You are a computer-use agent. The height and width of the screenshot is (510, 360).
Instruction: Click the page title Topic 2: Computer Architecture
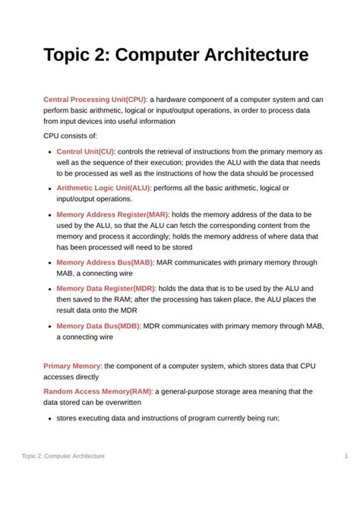[175, 55]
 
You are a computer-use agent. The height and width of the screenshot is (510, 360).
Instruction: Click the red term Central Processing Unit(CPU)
[95, 100]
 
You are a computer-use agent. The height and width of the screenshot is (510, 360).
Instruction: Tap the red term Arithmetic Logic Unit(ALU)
[103, 188]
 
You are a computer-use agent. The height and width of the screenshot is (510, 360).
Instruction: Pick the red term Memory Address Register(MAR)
[112, 214]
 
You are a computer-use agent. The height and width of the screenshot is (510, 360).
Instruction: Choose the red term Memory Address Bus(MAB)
[105, 262]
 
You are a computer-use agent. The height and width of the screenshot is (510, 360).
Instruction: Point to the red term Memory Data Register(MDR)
[106, 289]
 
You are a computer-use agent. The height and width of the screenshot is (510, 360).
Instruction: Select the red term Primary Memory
[72, 366]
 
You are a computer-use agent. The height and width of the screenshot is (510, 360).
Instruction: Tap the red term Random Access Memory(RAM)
[98, 391]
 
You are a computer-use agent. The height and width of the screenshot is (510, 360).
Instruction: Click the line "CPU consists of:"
[71, 136]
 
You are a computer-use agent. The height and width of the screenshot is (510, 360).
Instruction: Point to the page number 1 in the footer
[346, 456]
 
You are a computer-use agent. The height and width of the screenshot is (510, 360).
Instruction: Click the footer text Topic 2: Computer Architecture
[63, 456]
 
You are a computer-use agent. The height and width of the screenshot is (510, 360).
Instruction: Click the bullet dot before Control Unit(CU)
[49, 152]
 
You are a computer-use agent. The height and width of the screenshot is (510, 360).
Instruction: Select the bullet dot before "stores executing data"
[49, 418]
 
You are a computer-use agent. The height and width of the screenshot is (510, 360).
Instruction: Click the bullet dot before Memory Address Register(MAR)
[49, 215]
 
